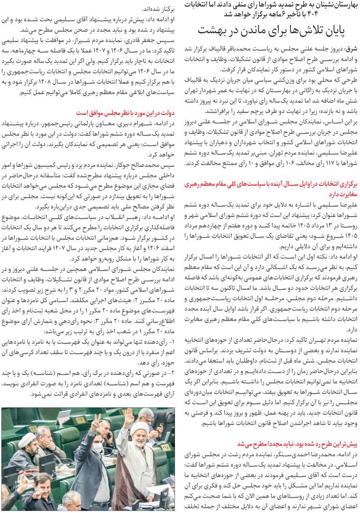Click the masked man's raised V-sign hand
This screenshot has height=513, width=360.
click(x=96, y=421)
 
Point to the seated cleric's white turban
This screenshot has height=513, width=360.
click(x=27, y=440)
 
